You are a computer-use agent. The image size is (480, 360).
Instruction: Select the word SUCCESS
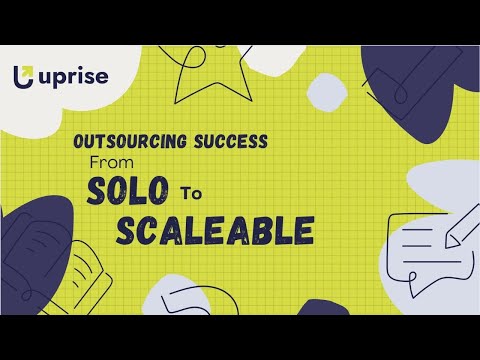(230, 142)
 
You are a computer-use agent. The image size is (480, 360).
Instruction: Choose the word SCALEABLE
(215, 230)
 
